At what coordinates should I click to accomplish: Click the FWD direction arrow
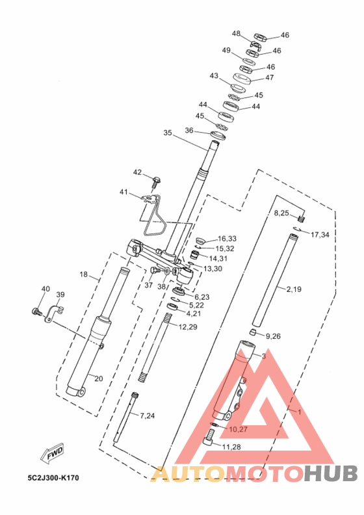(x=52, y=454)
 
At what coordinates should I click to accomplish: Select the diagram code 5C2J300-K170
(x=53, y=477)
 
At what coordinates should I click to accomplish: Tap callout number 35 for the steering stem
(x=168, y=133)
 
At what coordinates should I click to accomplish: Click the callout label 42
(x=137, y=172)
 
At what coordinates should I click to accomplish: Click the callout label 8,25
(x=281, y=213)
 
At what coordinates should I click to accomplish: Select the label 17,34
(x=320, y=235)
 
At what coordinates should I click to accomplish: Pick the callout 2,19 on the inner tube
(x=294, y=289)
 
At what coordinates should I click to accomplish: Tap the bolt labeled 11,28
(x=209, y=438)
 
